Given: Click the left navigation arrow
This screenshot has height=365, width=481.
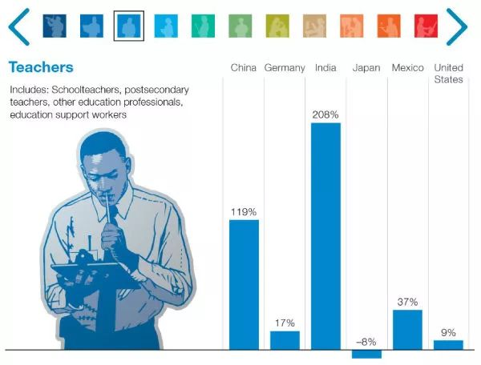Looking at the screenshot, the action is click(x=19, y=26).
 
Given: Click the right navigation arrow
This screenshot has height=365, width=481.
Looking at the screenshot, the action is click(x=457, y=26).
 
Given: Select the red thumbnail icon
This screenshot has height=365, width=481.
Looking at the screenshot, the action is click(x=426, y=26).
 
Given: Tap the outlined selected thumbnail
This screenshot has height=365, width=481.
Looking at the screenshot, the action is click(x=129, y=26).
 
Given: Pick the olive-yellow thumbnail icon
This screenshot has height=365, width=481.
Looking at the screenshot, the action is click(x=277, y=26).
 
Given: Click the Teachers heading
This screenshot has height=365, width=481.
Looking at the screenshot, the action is click(x=41, y=67).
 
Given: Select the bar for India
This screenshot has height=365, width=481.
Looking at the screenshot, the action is click(x=325, y=236).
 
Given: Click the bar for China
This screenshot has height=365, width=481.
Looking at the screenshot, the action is click(x=244, y=285).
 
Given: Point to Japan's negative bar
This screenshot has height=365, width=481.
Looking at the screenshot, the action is click(x=366, y=354).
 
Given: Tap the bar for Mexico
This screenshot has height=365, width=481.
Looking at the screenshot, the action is click(x=407, y=330).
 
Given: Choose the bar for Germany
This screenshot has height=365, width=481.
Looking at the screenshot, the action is click(x=285, y=340).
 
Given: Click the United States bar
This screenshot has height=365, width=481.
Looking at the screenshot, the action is click(x=448, y=345).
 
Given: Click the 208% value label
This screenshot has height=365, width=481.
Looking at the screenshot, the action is click(x=325, y=114).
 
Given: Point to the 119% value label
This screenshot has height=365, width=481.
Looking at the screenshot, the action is click(x=244, y=212).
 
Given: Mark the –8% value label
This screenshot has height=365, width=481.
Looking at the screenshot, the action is click(x=366, y=342).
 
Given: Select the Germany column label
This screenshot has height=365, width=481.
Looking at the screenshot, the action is click(x=285, y=68).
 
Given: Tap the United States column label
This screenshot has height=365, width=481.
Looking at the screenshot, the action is click(x=448, y=74).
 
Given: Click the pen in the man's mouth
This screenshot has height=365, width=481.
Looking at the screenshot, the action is click(x=108, y=208).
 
